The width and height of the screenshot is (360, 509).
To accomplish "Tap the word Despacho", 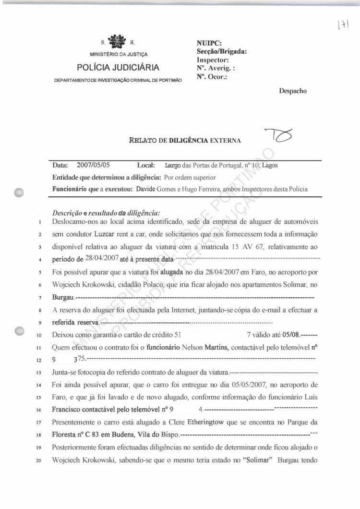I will pyautogui.click(x=293, y=90).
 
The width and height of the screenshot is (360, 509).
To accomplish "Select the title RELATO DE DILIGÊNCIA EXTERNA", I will pyautogui.click(x=185, y=141).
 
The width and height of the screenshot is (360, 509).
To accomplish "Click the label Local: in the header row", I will pyautogui.click(x=145, y=166).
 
